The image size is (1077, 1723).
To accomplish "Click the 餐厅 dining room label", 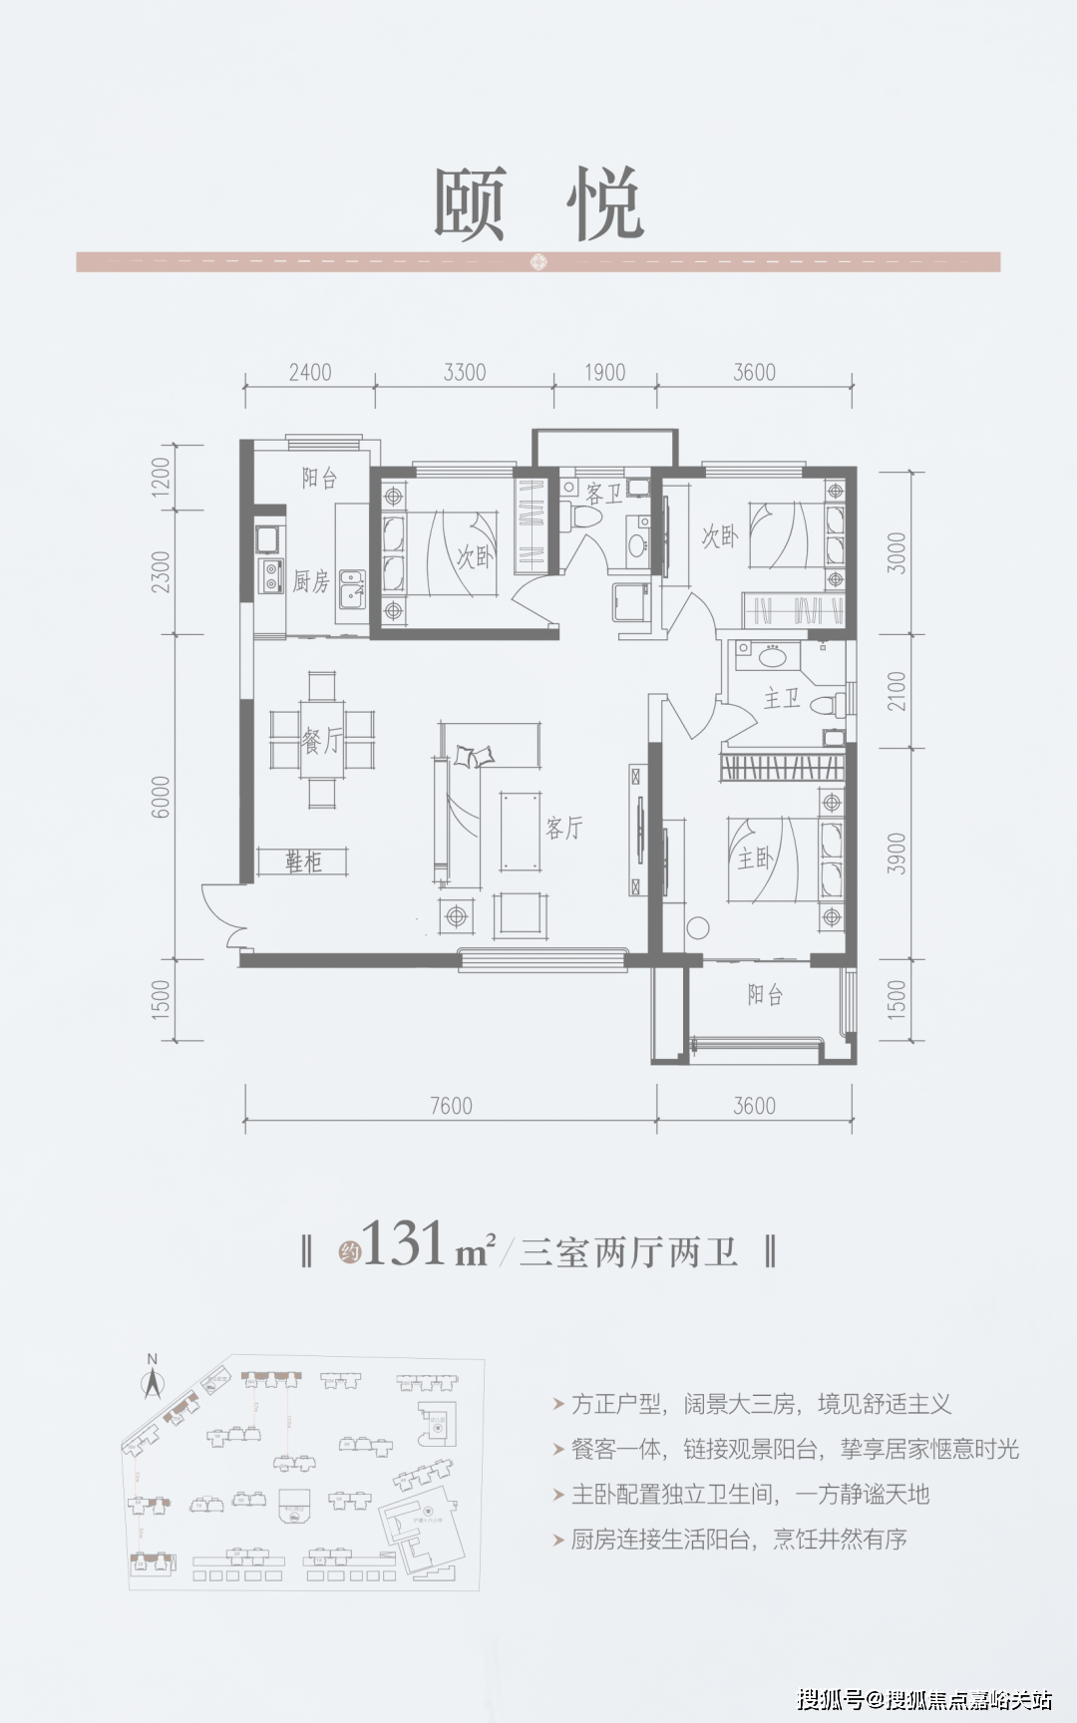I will (x=321, y=740).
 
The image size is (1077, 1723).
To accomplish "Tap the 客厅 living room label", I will (x=564, y=827).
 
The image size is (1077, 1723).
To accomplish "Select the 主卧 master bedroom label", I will (x=755, y=858).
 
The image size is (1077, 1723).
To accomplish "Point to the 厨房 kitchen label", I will (x=310, y=581).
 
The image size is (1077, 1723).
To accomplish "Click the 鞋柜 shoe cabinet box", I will (x=303, y=861).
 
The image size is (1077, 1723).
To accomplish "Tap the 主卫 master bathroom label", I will (x=782, y=698).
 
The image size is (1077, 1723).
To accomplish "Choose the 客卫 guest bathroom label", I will (x=604, y=493).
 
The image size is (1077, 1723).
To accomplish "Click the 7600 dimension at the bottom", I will (x=451, y=1106).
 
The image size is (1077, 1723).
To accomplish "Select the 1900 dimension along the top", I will (x=604, y=372).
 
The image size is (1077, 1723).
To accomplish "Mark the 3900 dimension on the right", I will (x=897, y=854).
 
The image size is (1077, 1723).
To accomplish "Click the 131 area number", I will (x=404, y=1245).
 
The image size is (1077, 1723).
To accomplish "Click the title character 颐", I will (x=470, y=203).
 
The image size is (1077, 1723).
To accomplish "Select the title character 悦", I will (x=605, y=203).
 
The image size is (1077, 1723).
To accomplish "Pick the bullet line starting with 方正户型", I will (x=761, y=1405).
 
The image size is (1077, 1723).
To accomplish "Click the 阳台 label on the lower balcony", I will (x=765, y=995).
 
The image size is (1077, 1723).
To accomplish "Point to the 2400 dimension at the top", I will (x=310, y=372).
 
